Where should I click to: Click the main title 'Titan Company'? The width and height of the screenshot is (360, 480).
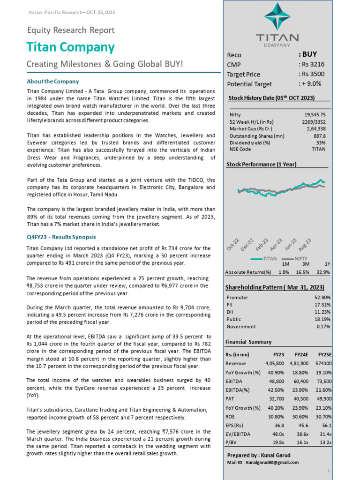[70, 47]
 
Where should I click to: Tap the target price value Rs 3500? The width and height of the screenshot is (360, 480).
[313, 74]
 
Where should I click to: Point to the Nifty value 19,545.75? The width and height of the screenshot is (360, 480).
[315, 114]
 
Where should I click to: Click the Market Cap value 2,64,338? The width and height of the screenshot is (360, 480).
[316, 128]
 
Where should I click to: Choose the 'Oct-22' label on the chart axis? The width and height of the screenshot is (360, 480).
[233, 244]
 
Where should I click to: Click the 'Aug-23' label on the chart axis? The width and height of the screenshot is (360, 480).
[305, 244]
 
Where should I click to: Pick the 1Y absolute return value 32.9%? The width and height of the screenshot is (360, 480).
[323, 272]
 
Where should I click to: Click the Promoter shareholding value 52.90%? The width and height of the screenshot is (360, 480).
[322, 297]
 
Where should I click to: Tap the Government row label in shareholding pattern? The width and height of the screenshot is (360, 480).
[241, 326]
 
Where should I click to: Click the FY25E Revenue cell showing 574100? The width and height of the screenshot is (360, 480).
[323, 363]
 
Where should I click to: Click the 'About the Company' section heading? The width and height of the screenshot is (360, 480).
[53, 81]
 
